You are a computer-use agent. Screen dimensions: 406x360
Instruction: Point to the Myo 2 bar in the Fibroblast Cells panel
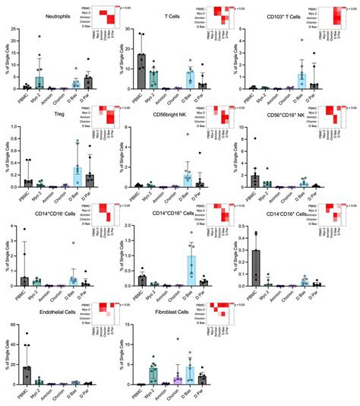[x=153, y=373]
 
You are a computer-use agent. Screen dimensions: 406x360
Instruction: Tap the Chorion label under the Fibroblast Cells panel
[x=177, y=394]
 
